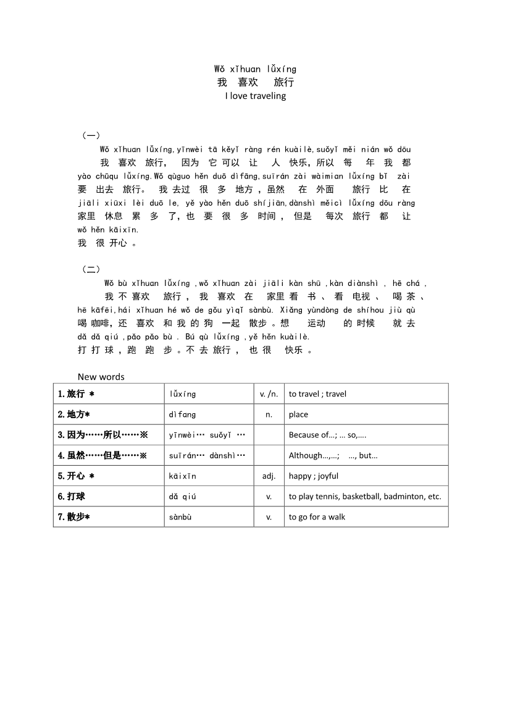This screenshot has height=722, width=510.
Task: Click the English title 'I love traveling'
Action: click(255, 96)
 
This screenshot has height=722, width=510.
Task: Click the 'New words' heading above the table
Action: click(101, 377)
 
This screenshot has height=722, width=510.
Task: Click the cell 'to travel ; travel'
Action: click(317, 394)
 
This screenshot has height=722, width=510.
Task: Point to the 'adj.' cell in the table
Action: click(269, 476)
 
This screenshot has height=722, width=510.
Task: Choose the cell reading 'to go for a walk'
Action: click(317, 517)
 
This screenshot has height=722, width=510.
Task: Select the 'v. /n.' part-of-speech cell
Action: click(269, 394)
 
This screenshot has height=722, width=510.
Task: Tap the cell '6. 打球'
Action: click(72, 497)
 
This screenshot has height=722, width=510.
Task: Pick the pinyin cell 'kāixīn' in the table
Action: click(182, 476)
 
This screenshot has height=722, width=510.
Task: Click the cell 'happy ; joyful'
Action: click(314, 476)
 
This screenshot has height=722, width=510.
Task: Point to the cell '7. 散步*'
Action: click(74, 517)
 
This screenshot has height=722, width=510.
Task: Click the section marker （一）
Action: click(91, 135)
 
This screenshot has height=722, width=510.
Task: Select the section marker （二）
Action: click(91, 269)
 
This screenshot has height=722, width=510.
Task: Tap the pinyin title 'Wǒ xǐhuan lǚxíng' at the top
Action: click(255, 69)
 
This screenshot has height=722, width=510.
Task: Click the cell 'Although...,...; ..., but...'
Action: click(333, 456)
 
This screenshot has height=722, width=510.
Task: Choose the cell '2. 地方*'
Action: click(74, 414)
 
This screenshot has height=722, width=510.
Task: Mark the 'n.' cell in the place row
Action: click(269, 414)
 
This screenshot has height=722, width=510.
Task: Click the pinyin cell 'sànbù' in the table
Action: click(180, 517)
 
